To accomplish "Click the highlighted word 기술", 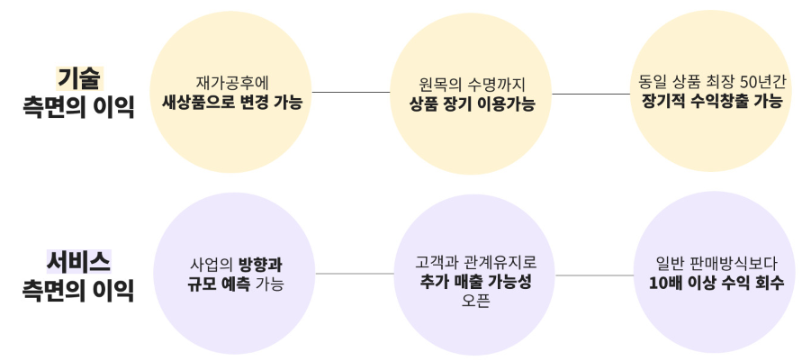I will (x=78, y=78).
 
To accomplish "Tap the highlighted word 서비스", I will (x=78, y=261).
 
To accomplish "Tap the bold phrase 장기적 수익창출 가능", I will (x=712, y=102).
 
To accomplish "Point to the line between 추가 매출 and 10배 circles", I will (x=595, y=275).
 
